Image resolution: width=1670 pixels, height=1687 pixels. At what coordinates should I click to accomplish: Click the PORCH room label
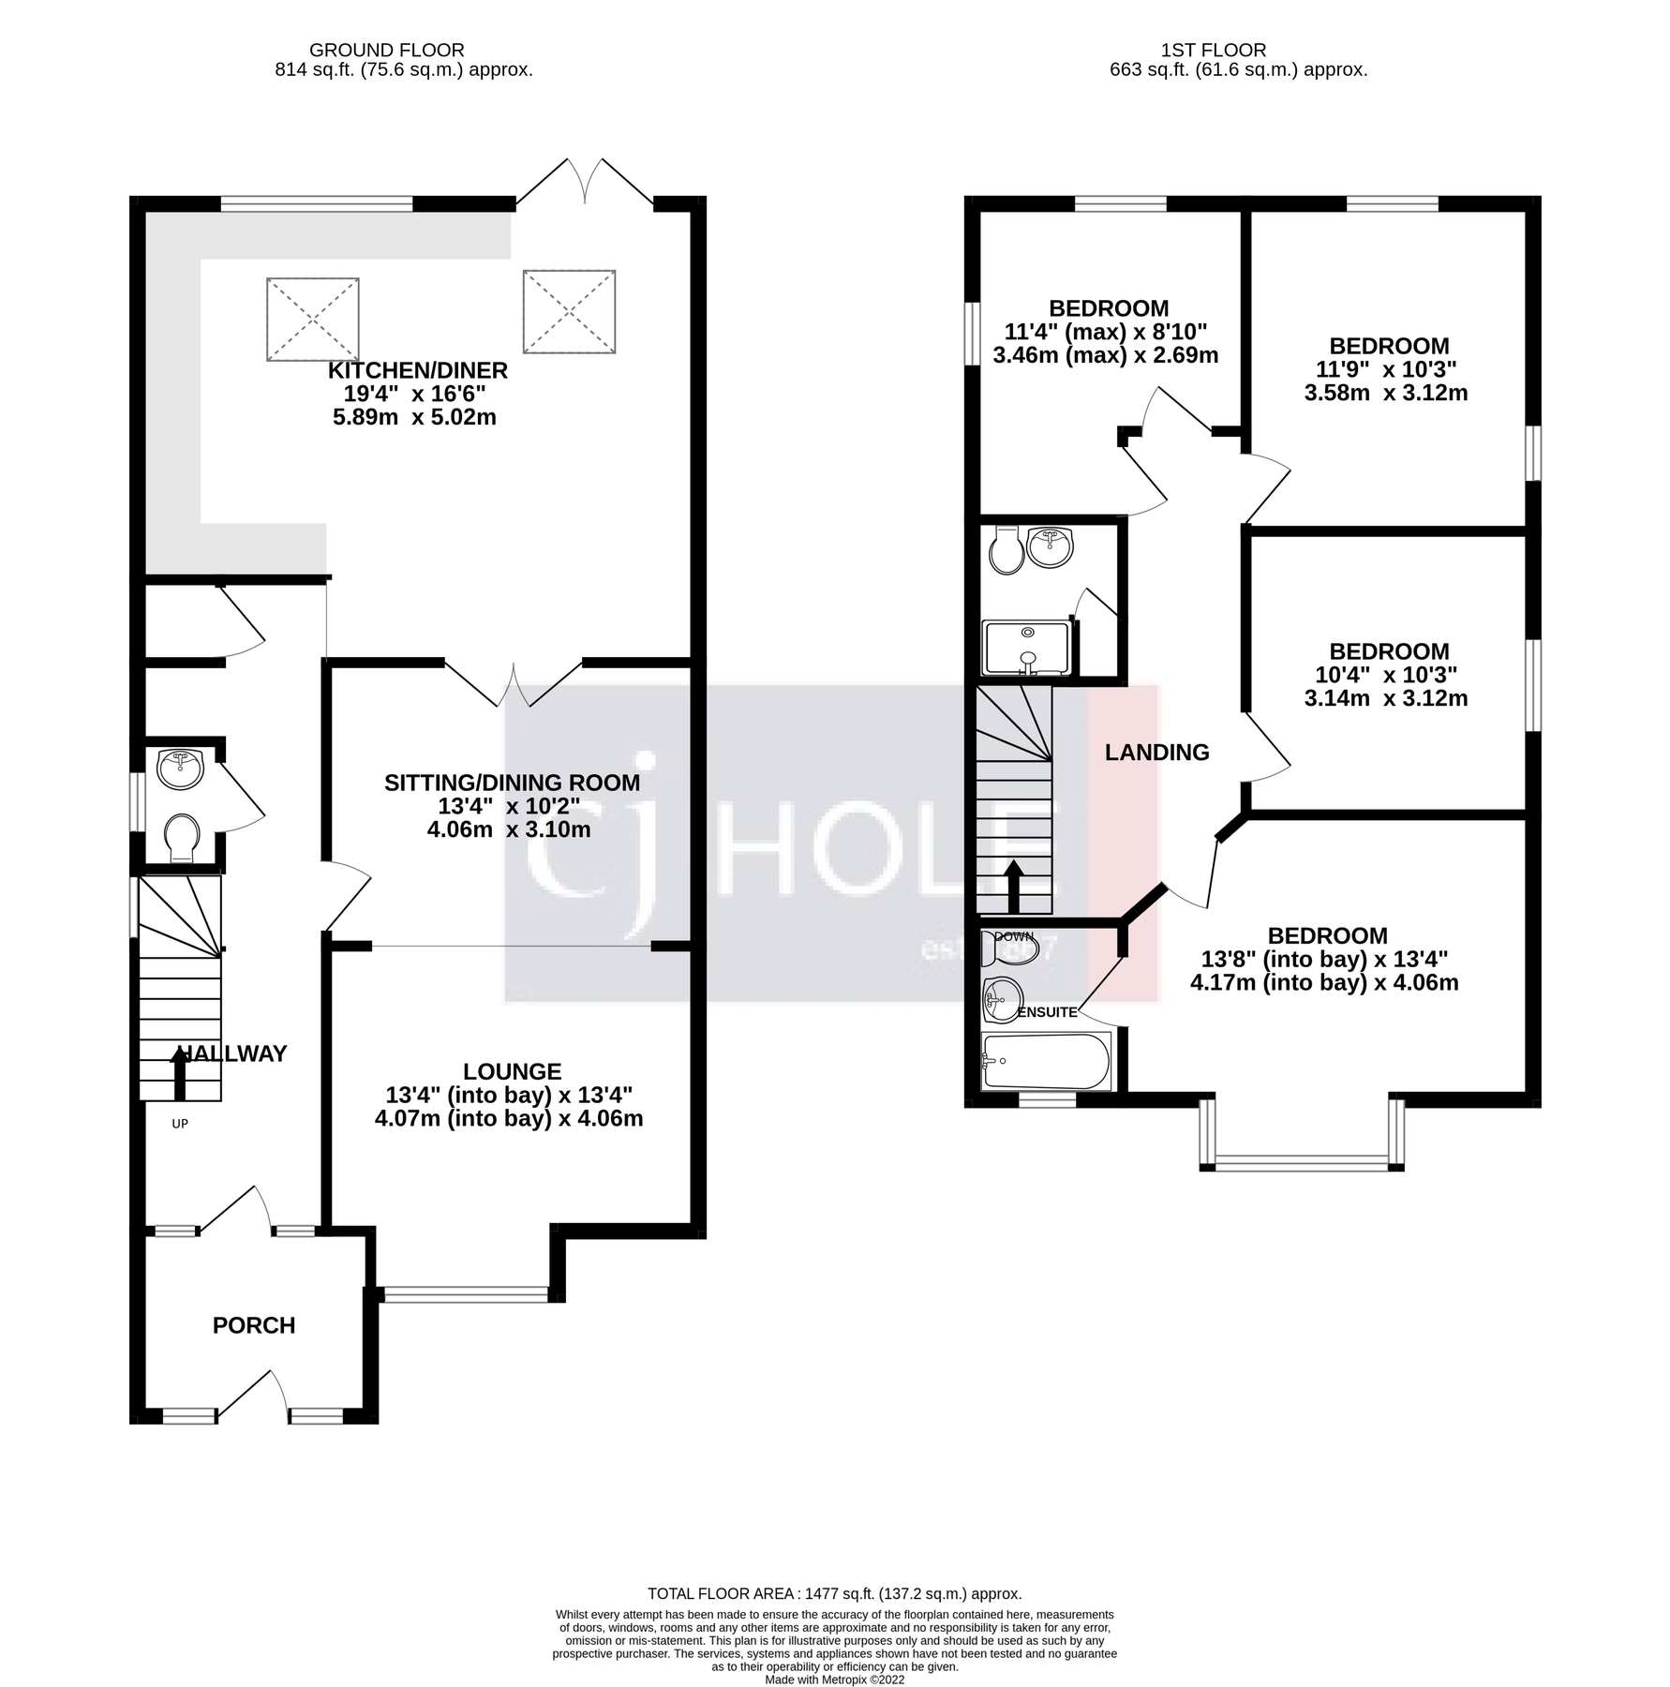click(x=253, y=1325)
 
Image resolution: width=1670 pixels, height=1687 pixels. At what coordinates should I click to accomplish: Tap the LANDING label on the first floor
click(x=1156, y=752)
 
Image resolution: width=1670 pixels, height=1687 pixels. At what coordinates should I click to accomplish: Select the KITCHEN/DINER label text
click(x=417, y=370)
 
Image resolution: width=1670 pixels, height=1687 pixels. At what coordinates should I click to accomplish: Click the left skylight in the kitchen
click(x=312, y=319)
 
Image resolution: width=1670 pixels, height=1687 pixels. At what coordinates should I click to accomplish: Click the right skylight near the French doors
click(x=569, y=312)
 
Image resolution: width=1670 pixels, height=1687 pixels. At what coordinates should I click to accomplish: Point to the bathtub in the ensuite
click(x=1045, y=1061)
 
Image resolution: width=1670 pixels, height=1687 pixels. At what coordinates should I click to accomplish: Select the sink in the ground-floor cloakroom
click(x=180, y=768)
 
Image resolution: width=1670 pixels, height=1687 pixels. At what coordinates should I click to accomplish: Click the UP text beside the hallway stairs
click(x=180, y=1123)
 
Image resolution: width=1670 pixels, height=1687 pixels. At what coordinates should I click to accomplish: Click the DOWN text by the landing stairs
click(x=1013, y=936)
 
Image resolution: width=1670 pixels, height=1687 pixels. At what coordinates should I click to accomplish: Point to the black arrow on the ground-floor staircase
click(x=179, y=1073)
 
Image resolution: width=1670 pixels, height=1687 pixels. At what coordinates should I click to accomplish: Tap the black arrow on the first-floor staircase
click(x=1013, y=886)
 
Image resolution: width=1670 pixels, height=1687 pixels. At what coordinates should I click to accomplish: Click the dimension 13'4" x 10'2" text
click(x=509, y=806)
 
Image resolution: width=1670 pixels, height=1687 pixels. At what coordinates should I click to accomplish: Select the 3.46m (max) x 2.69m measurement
click(x=1105, y=355)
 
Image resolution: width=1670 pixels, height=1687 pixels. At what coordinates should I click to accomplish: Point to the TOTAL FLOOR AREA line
click(x=834, y=1593)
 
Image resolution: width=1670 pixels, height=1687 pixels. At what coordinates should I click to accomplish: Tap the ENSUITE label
click(x=1047, y=1012)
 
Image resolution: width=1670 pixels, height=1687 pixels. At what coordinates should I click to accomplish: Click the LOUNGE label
click(x=512, y=1071)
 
